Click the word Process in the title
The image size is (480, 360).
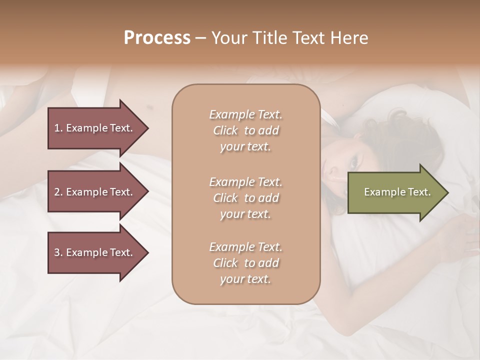(x=157, y=37)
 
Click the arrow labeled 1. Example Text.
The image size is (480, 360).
(x=95, y=128)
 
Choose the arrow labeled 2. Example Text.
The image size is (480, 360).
(x=95, y=192)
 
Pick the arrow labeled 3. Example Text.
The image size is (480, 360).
(x=95, y=252)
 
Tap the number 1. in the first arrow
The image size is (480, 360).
(x=58, y=128)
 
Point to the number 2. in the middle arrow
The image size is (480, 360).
(x=58, y=192)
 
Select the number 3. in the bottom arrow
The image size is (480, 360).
(x=58, y=252)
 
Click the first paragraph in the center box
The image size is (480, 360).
(x=245, y=130)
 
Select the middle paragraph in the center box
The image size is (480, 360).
(x=245, y=197)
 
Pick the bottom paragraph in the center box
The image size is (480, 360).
(x=245, y=263)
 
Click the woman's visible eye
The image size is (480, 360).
(x=354, y=162)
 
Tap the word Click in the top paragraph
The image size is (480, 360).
(x=225, y=130)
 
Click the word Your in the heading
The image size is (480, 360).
(x=228, y=37)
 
